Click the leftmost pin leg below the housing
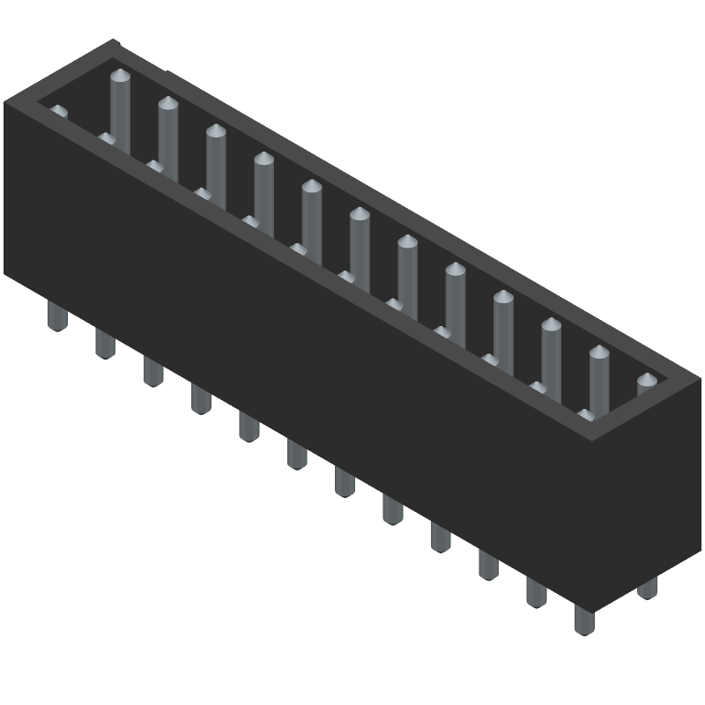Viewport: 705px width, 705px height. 56,316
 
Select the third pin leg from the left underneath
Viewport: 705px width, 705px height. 152,371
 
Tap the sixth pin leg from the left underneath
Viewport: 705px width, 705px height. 296,453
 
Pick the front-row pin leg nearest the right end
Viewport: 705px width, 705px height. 583,618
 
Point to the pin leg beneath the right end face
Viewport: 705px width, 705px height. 648,588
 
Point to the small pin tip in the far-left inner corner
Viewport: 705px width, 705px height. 58,113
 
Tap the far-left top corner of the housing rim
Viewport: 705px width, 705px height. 4,103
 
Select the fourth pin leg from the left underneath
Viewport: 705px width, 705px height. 200,398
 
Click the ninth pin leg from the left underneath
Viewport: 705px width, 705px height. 440,536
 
